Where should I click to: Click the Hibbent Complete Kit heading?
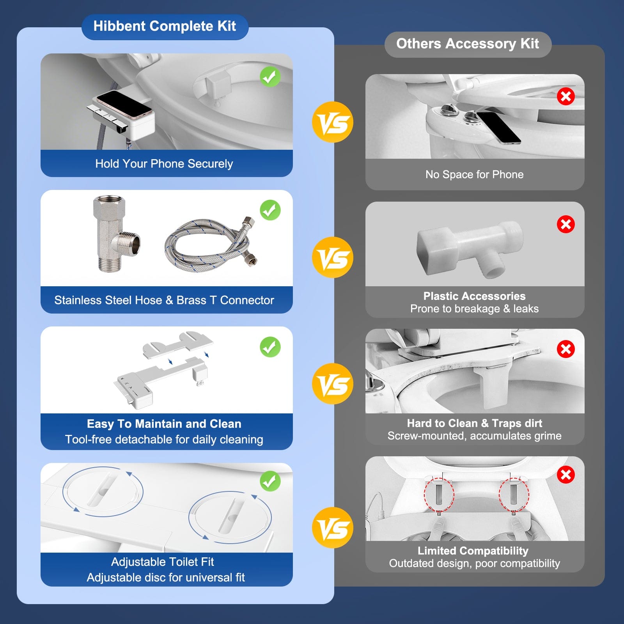click(x=165, y=27)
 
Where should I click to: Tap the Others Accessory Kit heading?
click(x=468, y=44)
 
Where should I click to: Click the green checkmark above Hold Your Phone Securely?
click(x=270, y=76)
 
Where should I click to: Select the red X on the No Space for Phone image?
click(x=565, y=96)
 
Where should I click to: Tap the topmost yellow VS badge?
click(x=332, y=122)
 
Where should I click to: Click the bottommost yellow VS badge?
click(x=332, y=528)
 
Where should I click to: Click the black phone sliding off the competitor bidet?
click(x=498, y=127)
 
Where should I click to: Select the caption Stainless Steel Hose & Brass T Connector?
click(x=164, y=300)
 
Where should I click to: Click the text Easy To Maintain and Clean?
click(x=164, y=424)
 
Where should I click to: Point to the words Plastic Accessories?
click(x=474, y=296)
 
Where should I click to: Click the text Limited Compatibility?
click(x=473, y=551)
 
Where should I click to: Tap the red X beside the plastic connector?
click(x=565, y=224)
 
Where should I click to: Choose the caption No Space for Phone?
click(x=474, y=174)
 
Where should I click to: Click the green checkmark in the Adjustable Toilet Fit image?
click(x=270, y=481)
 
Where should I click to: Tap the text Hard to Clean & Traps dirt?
click(x=474, y=423)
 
